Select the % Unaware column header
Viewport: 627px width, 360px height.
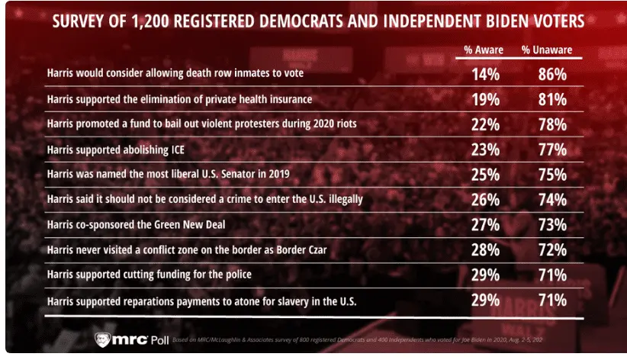pos(547,50)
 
